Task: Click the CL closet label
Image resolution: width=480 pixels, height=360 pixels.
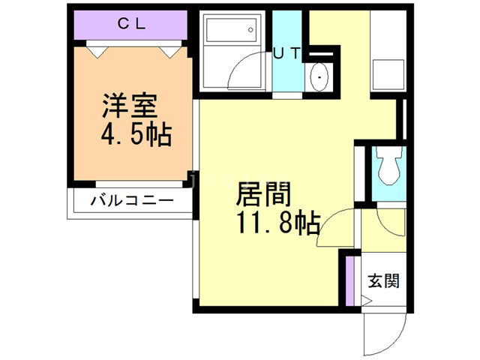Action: tap(131, 24)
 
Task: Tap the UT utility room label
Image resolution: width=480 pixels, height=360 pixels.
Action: tap(286, 54)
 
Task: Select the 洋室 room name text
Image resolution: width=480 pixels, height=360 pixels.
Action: tap(130, 106)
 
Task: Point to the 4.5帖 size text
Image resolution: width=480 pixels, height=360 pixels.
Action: tap(136, 135)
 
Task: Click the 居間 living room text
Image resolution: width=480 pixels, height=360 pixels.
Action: tap(263, 193)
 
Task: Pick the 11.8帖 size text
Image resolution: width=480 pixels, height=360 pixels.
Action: tap(278, 223)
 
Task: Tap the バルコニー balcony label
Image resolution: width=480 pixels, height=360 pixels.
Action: tap(132, 201)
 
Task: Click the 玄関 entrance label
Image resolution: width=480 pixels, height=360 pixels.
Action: tap(383, 280)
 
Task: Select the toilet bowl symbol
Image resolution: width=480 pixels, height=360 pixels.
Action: tap(389, 165)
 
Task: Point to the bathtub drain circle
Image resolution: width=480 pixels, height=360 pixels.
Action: tap(250, 30)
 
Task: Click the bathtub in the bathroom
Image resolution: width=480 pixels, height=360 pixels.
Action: tap(231, 30)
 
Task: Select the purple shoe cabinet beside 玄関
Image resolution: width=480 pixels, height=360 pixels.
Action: tap(349, 280)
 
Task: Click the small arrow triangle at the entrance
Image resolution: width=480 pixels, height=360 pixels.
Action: tap(367, 301)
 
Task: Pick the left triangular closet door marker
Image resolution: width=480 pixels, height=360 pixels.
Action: tap(97, 52)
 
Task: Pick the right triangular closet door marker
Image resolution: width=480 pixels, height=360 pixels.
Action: tap(170, 52)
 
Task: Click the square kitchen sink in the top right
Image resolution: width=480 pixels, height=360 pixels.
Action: tap(388, 75)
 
